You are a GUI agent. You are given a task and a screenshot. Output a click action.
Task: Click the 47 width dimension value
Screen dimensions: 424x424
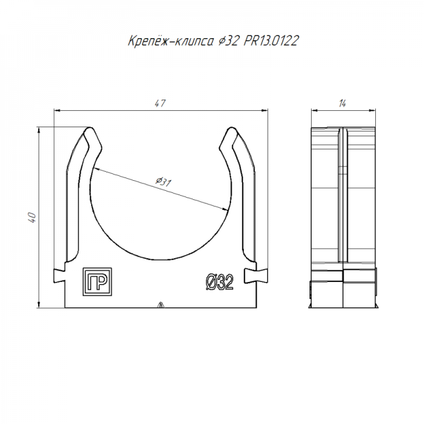pos(160,103)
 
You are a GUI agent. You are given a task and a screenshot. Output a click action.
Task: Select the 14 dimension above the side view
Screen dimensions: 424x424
pos(342,103)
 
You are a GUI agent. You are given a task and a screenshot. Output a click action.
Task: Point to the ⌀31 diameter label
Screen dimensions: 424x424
pos(163,182)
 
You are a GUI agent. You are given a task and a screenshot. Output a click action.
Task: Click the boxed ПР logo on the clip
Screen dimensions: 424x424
pos(97,282)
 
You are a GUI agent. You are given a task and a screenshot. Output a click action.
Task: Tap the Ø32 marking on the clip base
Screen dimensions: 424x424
pos(219,282)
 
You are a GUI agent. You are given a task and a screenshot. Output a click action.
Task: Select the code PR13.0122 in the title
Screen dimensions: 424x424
pos(271,41)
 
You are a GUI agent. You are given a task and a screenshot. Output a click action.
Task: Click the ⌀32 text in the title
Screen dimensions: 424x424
pos(229,41)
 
